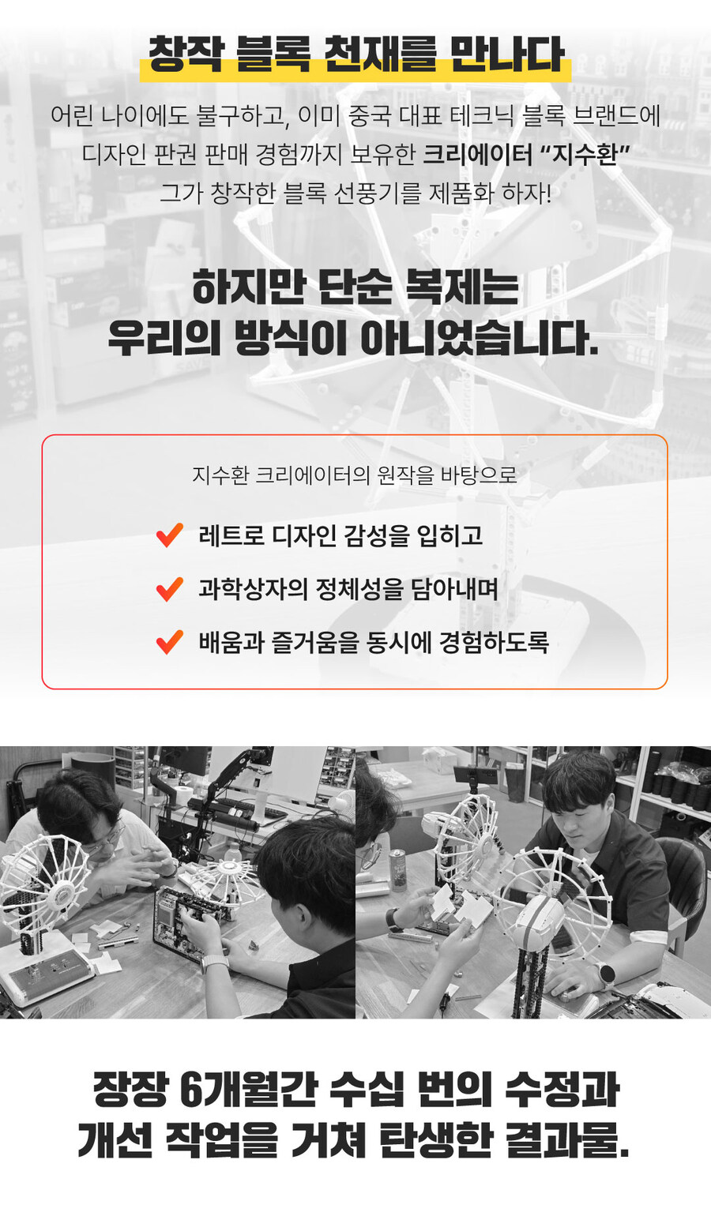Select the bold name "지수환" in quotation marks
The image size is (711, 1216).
[x=585, y=154]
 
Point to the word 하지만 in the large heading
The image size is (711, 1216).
[x=248, y=287]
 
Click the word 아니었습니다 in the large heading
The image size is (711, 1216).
[x=479, y=339]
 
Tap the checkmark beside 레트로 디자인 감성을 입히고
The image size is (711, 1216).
[x=170, y=535]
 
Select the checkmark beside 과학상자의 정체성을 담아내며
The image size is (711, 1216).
[x=170, y=589]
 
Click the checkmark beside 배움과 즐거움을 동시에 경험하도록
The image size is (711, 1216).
[x=170, y=642]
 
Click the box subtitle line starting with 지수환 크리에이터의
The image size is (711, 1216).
[x=355, y=475]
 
